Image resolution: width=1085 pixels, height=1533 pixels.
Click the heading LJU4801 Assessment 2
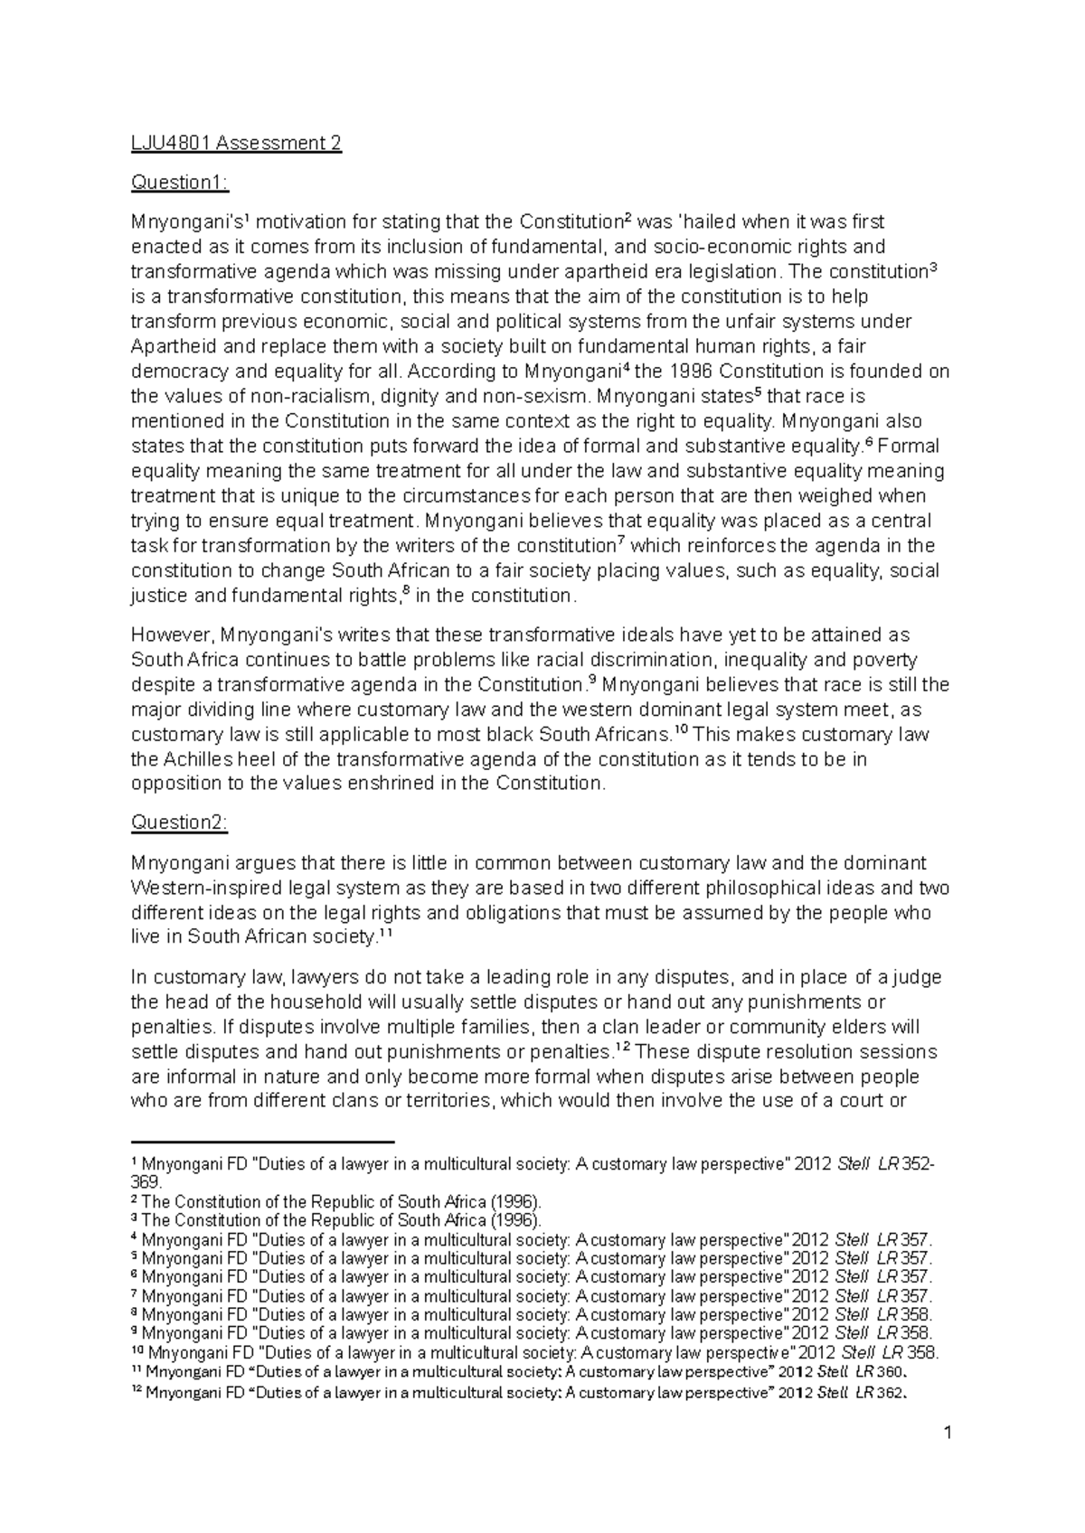pyautogui.click(x=236, y=144)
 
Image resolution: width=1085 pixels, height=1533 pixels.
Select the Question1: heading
pyautogui.click(x=180, y=183)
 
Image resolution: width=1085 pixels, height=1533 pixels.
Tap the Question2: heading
pyautogui.click(x=180, y=823)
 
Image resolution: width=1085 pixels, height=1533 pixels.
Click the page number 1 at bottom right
pyautogui.click(x=948, y=1458)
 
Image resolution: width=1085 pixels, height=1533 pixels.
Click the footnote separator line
pyautogui.click(x=263, y=1143)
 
